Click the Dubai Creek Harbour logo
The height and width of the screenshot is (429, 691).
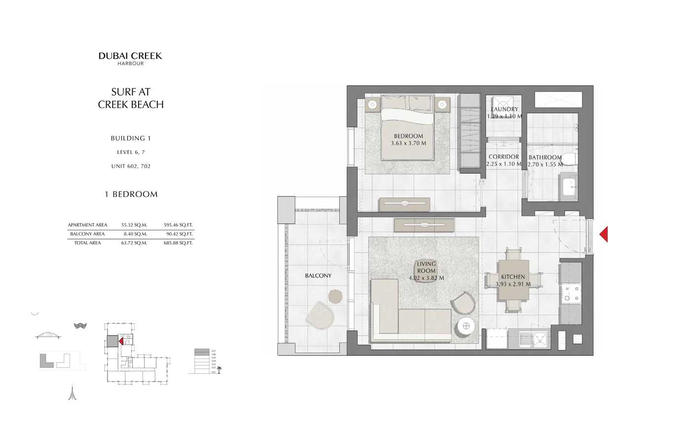pyautogui.click(x=130, y=58)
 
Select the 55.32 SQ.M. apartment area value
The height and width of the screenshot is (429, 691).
pyautogui.click(x=134, y=225)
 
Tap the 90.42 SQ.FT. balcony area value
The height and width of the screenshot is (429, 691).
pyautogui.click(x=179, y=234)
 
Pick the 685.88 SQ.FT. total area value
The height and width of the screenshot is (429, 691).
pyautogui.click(x=179, y=243)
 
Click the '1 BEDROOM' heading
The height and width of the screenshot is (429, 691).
pyautogui.click(x=131, y=195)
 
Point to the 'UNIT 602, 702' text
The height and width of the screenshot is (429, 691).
pyautogui.click(x=131, y=166)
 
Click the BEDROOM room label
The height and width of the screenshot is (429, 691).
pyautogui.click(x=408, y=136)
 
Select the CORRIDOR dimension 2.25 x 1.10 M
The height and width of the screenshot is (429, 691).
pyautogui.click(x=503, y=164)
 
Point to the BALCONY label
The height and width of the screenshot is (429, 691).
pyautogui.click(x=318, y=276)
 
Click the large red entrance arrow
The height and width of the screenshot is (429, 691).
pyautogui.click(x=603, y=234)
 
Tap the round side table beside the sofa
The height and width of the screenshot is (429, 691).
pyautogui.click(x=466, y=326)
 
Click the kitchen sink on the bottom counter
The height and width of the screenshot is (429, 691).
pyautogui.click(x=540, y=339)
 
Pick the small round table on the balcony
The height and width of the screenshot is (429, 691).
pyautogui.click(x=335, y=296)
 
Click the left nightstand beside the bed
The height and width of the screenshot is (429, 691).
pyautogui.click(x=372, y=105)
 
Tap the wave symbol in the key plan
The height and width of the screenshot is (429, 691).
pyautogui.click(x=80, y=326)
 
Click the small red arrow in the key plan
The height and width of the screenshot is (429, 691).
pyautogui.click(x=121, y=341)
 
